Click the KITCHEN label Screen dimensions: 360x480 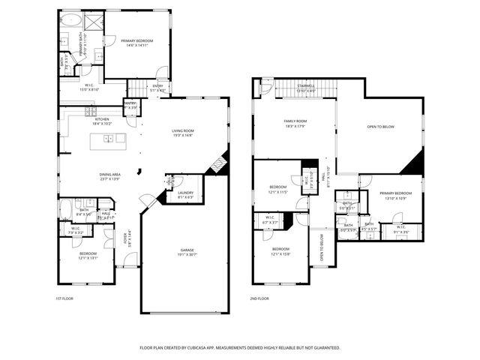(x=102, y=119)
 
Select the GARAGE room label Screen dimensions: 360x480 (x=187, y=250)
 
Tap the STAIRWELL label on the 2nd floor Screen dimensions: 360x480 (x=306, y=85)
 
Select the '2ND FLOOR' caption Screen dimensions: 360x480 (x=259, y=298)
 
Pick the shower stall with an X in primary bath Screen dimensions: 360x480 (x=94, y=21)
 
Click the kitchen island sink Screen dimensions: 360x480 (x=109, y=139)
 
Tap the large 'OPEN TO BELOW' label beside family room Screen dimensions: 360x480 (x=380, y=127)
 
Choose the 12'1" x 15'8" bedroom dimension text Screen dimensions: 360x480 (x=280, y=253)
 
